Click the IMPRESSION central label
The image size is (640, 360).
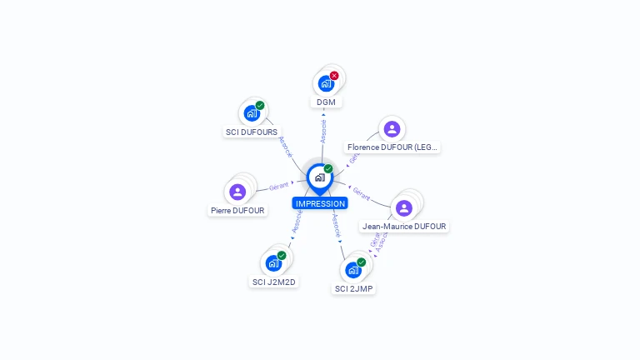tap(319, 203)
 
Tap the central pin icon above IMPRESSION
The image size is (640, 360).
tap(319, 177)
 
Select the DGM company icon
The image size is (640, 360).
tap(325, 83)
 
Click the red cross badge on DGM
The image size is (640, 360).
tap(334, 76)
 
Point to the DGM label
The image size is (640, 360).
tap(325, 102)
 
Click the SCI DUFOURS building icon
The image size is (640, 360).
tap(251, 113)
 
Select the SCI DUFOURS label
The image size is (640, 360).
tap(252, 132)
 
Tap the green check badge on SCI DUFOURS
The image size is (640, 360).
tap(260, 106)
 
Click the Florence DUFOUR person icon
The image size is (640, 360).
tap(392, 129)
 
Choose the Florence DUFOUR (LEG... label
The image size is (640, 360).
tap(392, 147)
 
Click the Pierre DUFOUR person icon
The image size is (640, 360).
tap(237, 192)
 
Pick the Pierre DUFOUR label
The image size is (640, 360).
tap(237, 211)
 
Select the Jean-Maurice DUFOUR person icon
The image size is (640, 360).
tap(404, 207)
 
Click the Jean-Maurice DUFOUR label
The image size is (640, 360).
tap(404, 226)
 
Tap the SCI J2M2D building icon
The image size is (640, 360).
tap(272, 263)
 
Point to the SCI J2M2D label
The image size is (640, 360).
tap(274, 282)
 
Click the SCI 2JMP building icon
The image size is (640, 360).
tap(352, 270)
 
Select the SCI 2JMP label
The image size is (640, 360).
tap(354, 288)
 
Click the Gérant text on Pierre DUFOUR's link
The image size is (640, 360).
tap(278, 186)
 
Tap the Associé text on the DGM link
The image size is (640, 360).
tap(323, 131)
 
